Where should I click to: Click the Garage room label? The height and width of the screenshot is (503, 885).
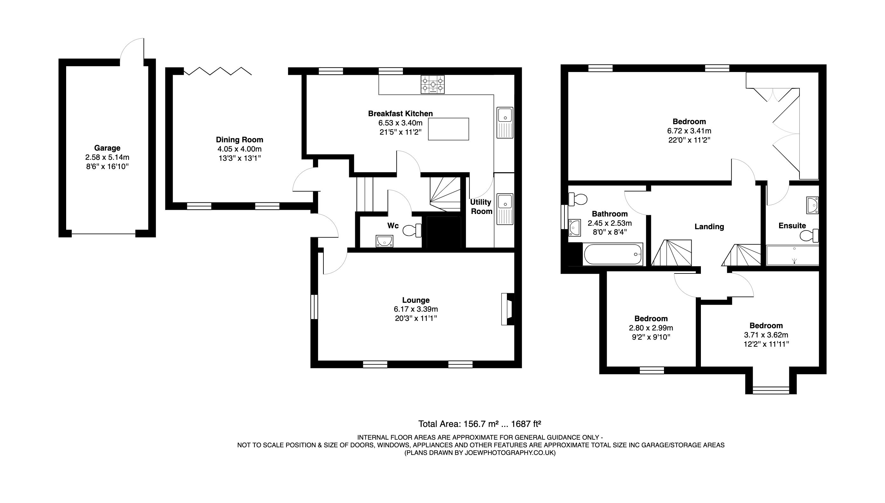(x=107, y=148)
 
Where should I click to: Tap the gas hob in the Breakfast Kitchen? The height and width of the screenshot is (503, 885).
(x=432, y=85)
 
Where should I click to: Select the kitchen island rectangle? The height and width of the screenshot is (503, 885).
(x=448, y=129)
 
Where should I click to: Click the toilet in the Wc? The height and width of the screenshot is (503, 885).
(x=412, y=230)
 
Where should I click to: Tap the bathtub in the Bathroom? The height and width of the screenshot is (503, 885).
(x=612, y=254)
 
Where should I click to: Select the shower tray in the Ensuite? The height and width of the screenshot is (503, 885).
(x=792, y=256)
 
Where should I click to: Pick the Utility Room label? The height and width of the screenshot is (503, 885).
(x=481, y=207)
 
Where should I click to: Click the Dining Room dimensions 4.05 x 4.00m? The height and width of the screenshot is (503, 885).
(x=239, y=149)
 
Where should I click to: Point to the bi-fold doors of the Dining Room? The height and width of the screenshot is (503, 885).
(x=218, y=72)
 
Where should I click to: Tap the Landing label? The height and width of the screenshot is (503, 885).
(x=709, y=227)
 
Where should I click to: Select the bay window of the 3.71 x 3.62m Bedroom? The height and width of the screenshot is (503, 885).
(x=771, y=390)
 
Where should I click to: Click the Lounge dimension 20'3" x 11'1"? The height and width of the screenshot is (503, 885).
(x=416, y=318)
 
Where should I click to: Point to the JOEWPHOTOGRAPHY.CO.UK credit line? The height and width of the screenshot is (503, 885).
(x=480, y=453)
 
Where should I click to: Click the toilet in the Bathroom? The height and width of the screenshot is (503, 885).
(x=578, y=199)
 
